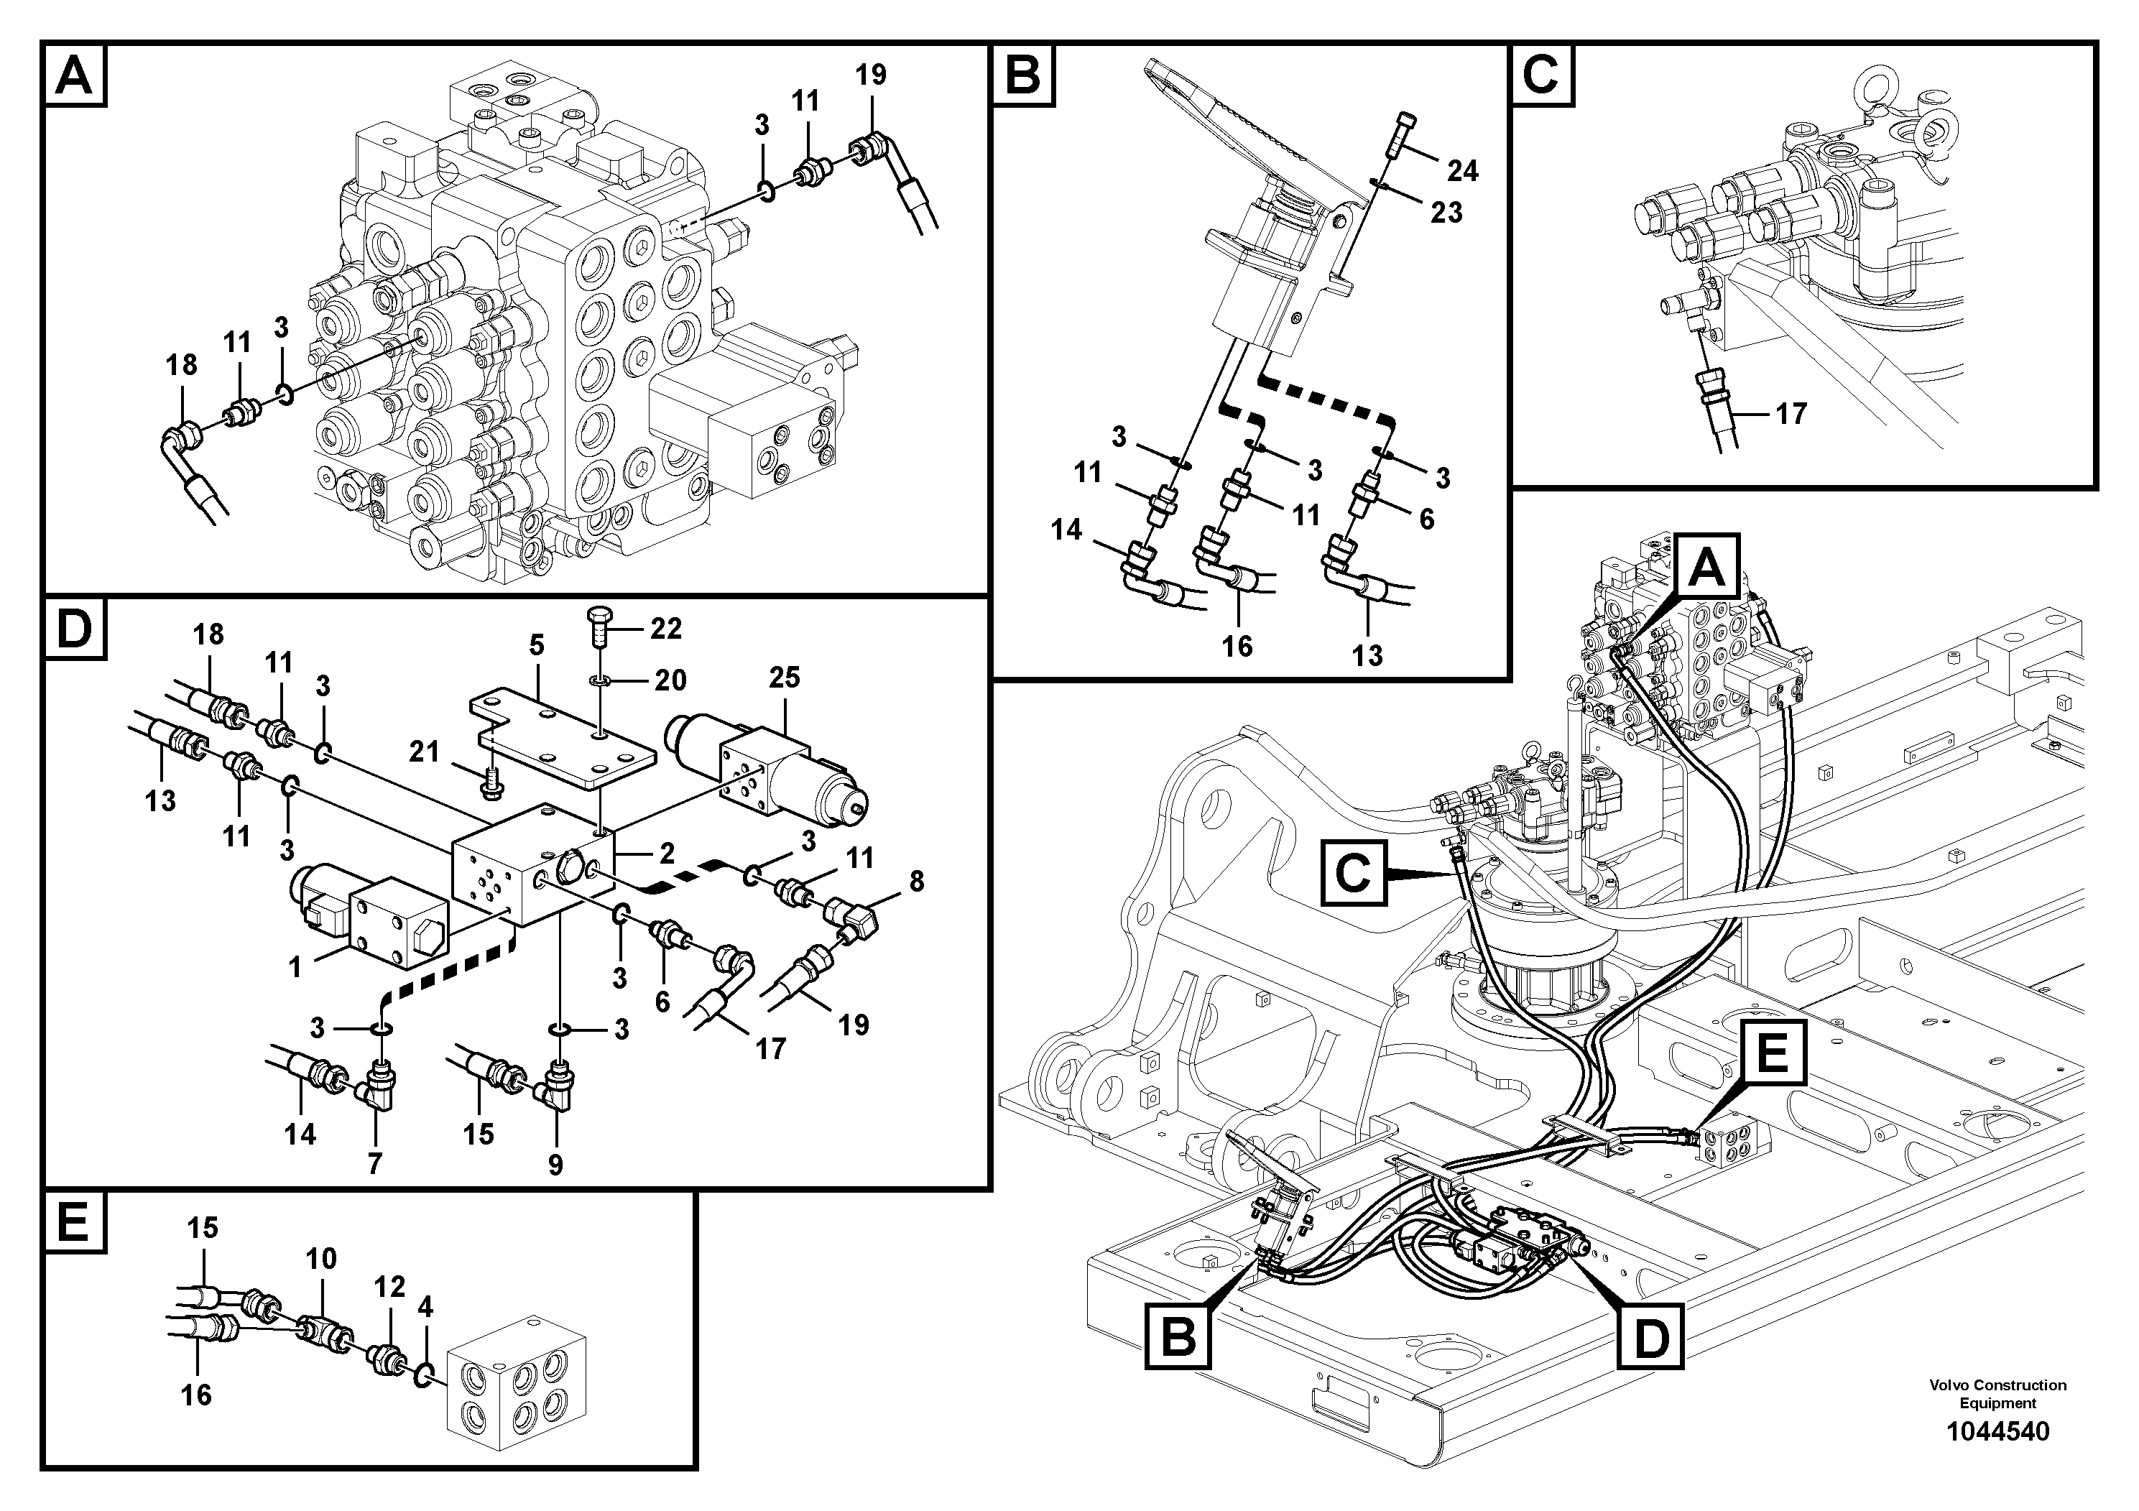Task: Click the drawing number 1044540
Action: tap(1997, 1431)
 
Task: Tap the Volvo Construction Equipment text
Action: tap(1997, 1394)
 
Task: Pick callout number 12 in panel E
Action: tap(389, 1287)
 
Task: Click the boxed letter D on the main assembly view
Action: tap(1650, 1339)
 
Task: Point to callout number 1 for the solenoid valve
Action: tap(295, 967)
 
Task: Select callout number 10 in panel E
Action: tap(320, 1259)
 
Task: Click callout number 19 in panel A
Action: tap(870, 75)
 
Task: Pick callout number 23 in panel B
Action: tap(1446, 213)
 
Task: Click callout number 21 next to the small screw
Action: tap(425, 751)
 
